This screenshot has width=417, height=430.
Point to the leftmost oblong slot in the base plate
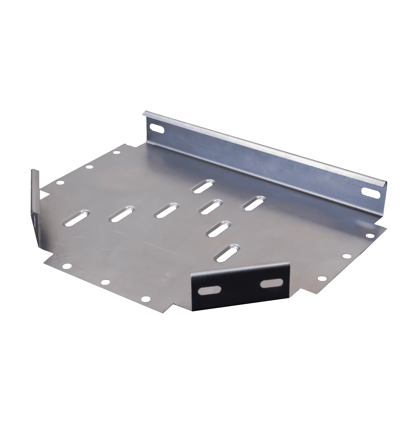75,217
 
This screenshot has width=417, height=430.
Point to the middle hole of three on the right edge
346,256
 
